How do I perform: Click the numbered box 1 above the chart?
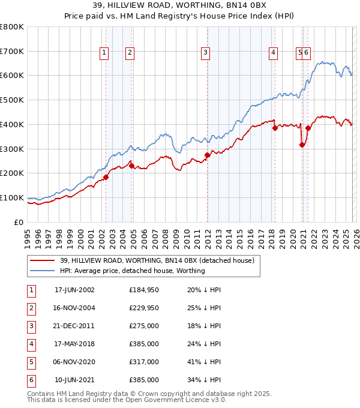tap(104, 53)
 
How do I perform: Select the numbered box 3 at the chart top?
tap(205, 53)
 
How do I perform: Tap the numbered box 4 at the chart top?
tap(273, 53)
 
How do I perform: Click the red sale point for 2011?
tap(207, 155)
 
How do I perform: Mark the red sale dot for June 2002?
tap(106, 177)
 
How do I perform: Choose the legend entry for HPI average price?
tap(132, 271)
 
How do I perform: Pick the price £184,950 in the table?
tap(143, 290)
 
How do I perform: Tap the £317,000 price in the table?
tap(143, 362)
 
